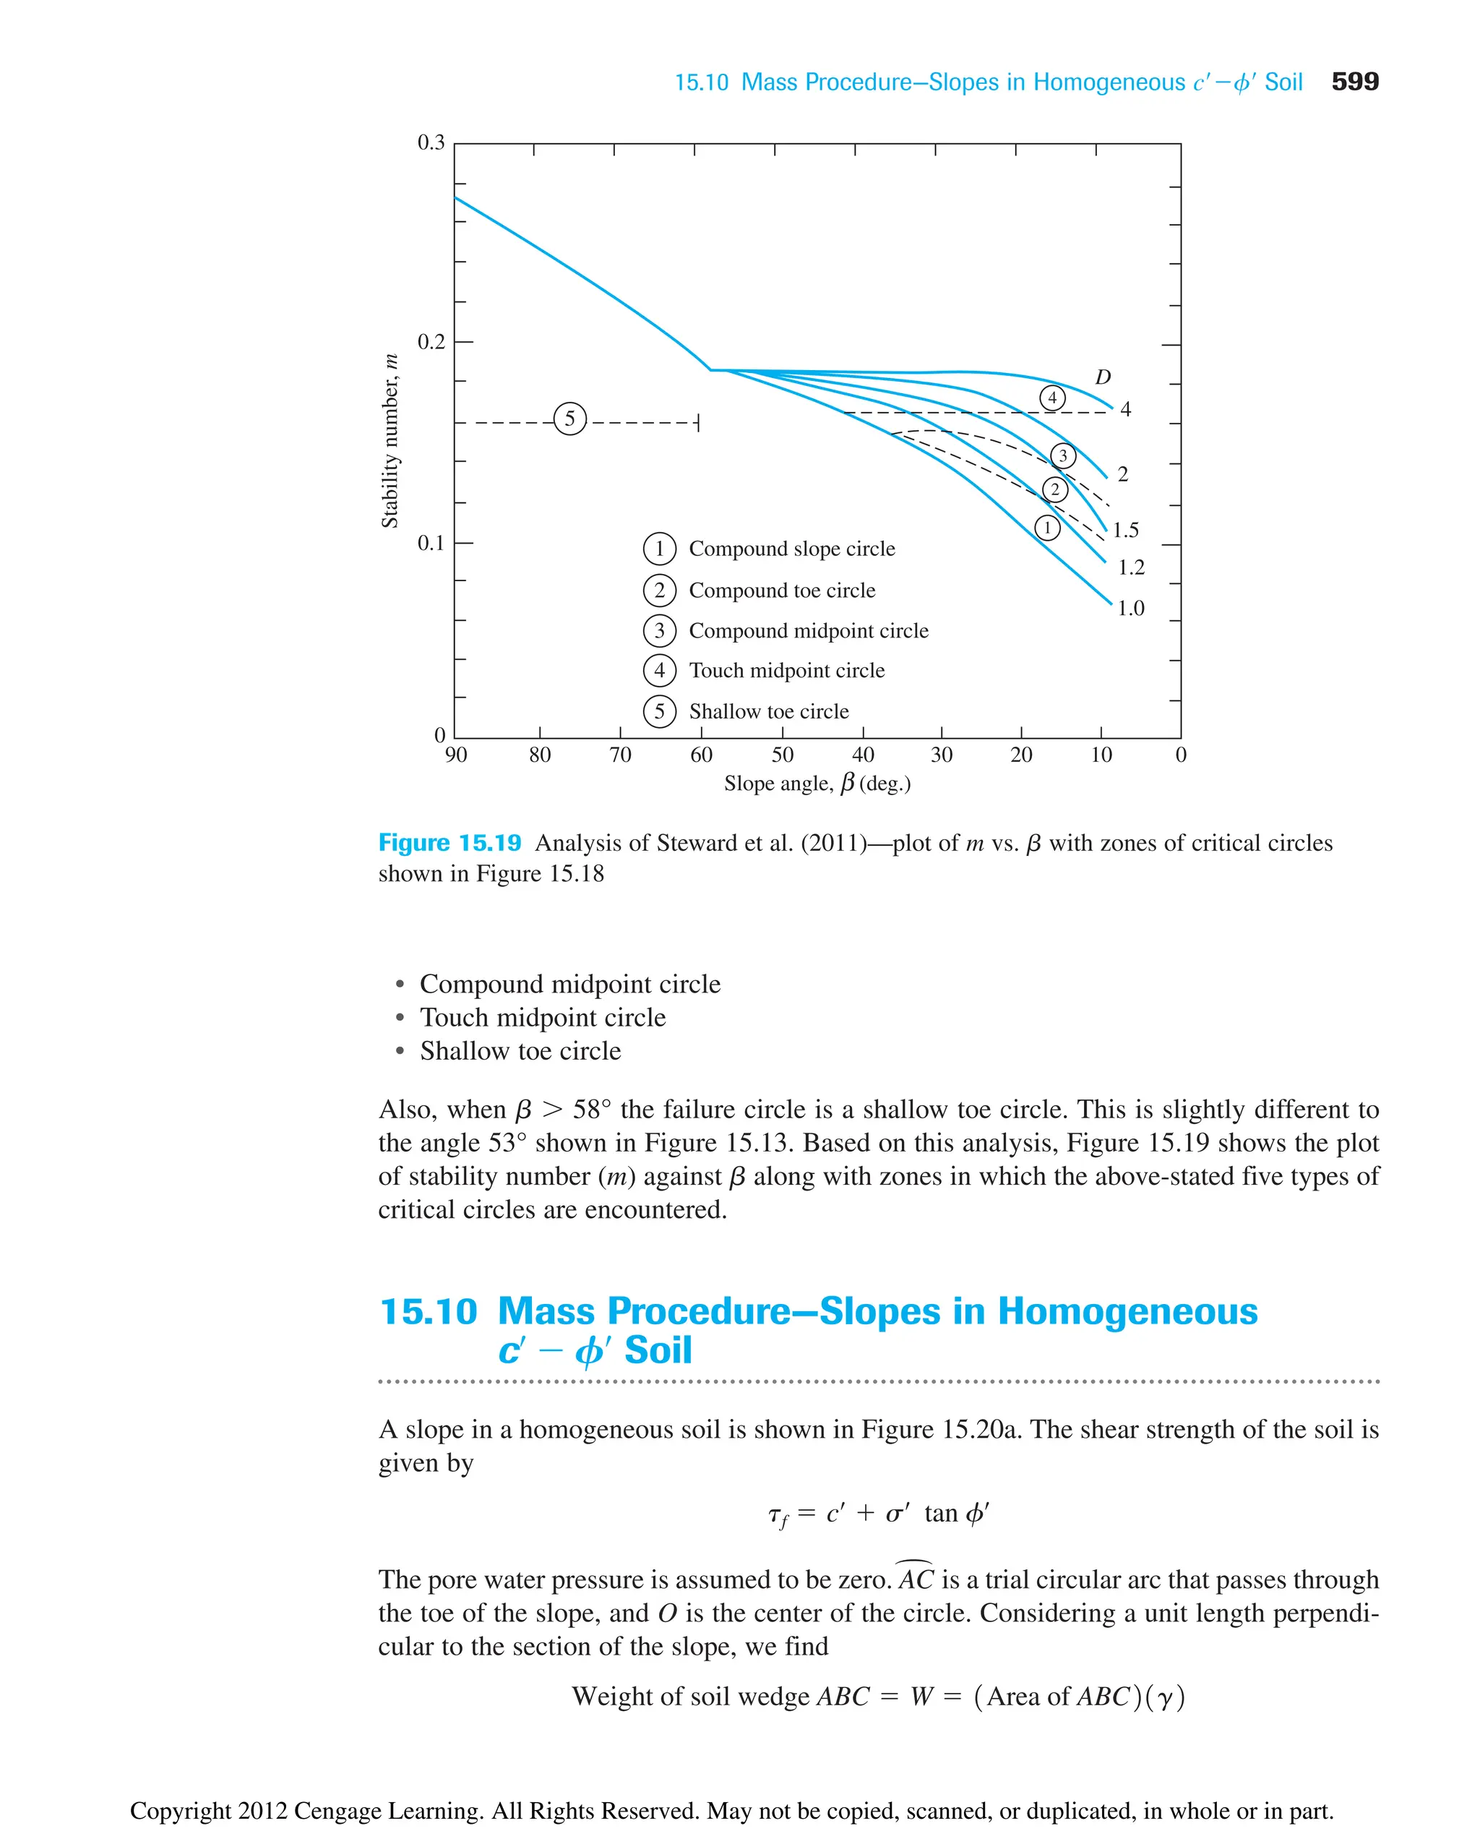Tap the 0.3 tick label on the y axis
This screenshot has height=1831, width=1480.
(x=431, y=142)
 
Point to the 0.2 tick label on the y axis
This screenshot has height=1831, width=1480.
(x=431, y=342)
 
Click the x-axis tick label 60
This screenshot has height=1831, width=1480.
(x=701, y=755)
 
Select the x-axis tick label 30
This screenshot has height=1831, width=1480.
(x=941, y=755)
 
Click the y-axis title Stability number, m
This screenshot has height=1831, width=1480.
(x=390, y=441)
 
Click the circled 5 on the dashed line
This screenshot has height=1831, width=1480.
(x=570, y=419)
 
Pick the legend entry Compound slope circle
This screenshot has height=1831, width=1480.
(x=791, y=549)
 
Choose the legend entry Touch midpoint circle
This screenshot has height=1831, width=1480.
(x=786, y=670)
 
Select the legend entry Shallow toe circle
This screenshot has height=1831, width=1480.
(x=768, y=711)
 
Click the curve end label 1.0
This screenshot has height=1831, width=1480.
(x=1130, y=608)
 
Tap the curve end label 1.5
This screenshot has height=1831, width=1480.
(x=1125, y=531)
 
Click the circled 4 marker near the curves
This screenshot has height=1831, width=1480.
(x=1052, y=398)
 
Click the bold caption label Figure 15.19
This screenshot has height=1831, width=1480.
(x=449, y=843)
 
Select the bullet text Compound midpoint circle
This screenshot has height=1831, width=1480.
(x=569, y=984)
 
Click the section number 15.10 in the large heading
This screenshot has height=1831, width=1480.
(x=428, y=1311)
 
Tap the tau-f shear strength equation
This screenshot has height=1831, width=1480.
(x=877, y=1514)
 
